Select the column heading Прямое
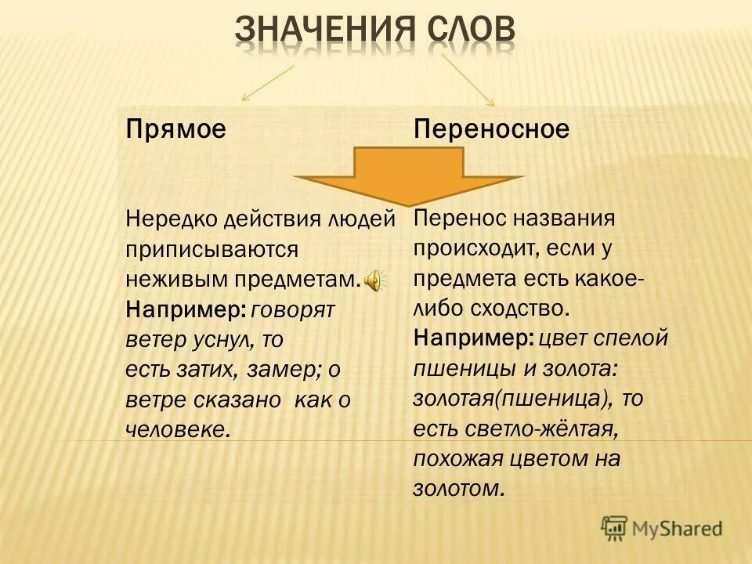tap(175, 129)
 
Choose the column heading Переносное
tap(491, 129)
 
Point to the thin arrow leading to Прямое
tap(268, 83)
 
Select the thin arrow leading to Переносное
tap(468, 80)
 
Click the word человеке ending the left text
tap(178, 430)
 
